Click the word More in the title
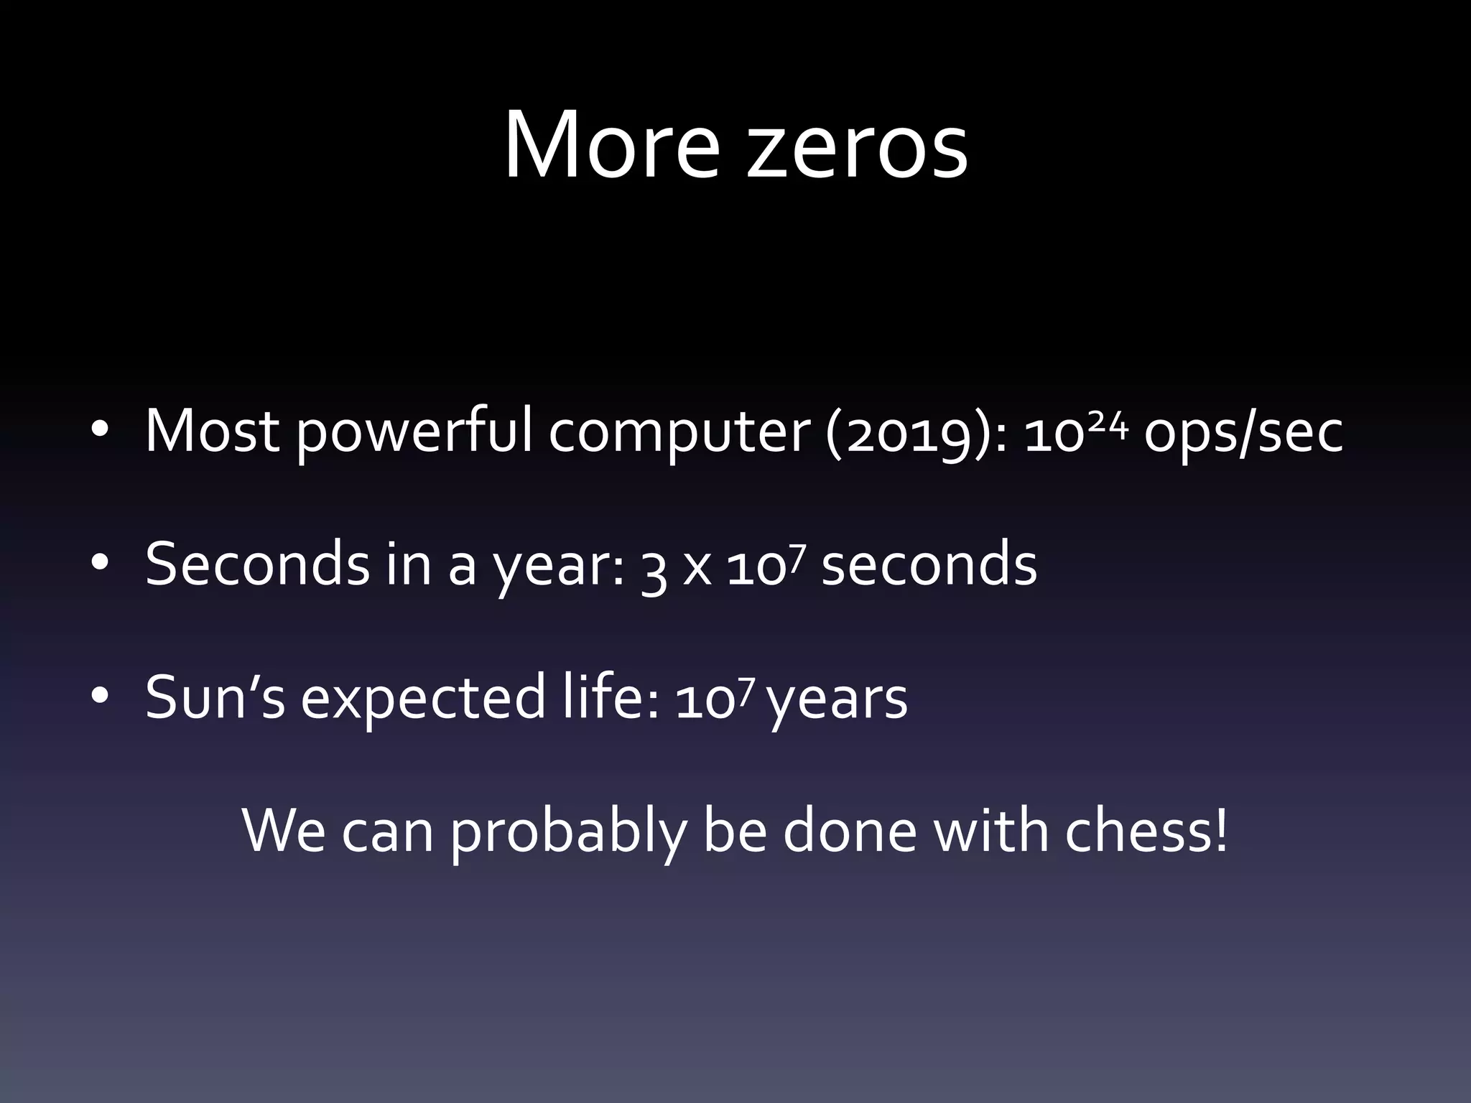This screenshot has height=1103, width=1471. [611, 146]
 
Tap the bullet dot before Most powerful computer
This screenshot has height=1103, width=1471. [100, 431]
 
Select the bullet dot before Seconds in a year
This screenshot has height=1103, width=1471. [100, 563]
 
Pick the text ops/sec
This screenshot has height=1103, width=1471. [1243, 433]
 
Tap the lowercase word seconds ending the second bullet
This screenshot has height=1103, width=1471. [929, 564]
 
